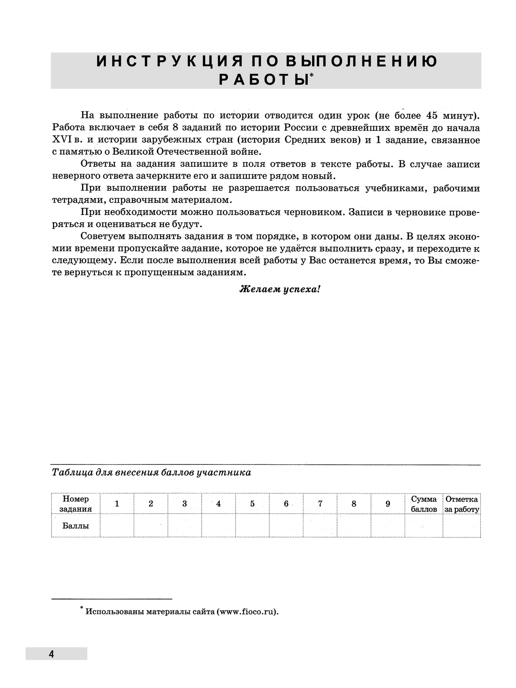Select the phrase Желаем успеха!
(280, 289)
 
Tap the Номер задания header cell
(76, 504)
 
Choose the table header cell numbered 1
(117, 504)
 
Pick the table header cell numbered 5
(252, 504)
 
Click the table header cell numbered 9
(388, 504)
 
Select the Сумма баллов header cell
(424, 504)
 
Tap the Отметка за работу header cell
(462, 504)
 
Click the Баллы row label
(76, 526)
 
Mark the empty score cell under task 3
(184, 526)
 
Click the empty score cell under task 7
(320, 526)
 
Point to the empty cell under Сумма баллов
(424, 526)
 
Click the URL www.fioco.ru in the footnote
(247, 612)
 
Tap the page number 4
(51, 654)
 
